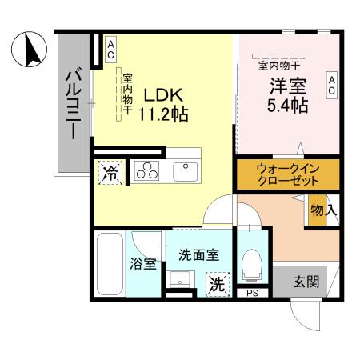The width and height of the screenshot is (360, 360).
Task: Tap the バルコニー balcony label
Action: (x=73, y=104)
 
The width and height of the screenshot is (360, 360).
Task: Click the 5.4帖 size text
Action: (x=286, y=106)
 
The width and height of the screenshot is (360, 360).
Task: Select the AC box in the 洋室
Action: (x=330, y=85)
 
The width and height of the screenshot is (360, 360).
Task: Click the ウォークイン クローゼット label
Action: (x=287, y=174)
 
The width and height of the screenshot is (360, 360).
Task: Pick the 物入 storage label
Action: (x=323, y=210)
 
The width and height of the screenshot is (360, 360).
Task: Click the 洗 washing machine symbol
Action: (x=215, y=282)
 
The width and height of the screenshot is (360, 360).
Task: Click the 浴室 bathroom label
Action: (x=143, y=263)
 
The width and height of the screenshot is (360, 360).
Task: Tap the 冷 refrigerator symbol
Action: (x=111, y=172)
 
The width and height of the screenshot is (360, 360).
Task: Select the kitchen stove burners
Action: (x=149, y=170)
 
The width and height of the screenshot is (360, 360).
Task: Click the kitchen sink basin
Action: (x=186, y=171)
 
